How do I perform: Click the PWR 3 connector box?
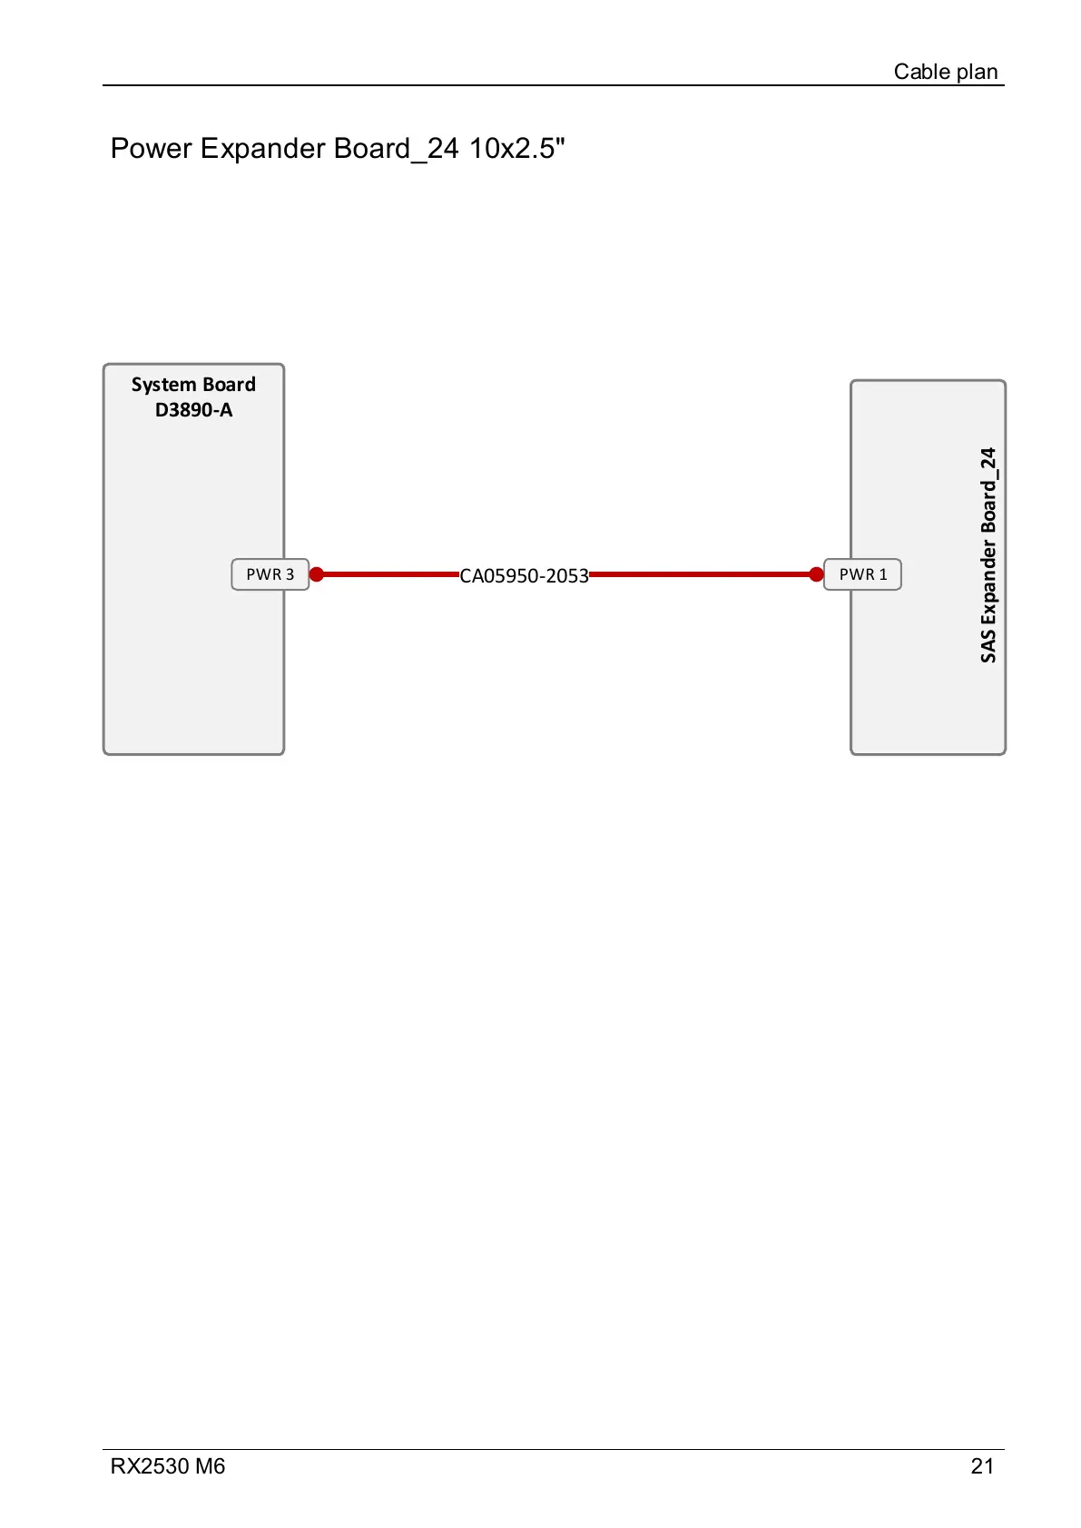(270, 574)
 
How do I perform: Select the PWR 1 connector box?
(862, 574)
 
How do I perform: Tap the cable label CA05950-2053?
(524, 576)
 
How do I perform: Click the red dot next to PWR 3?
(317, 574)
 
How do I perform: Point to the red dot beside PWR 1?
(816, 574)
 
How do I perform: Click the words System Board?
(193, 385)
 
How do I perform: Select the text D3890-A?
(193, 410)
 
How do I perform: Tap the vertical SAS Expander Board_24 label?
(988, 554)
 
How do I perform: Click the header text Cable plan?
(945, 72)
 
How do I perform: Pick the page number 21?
(982, 1466)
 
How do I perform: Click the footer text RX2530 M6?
(168, 1466)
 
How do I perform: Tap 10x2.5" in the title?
(516, 148)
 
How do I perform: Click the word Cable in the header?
(921, 72)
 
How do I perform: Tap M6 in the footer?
(209, 1466)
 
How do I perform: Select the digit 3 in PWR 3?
(290, 574)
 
